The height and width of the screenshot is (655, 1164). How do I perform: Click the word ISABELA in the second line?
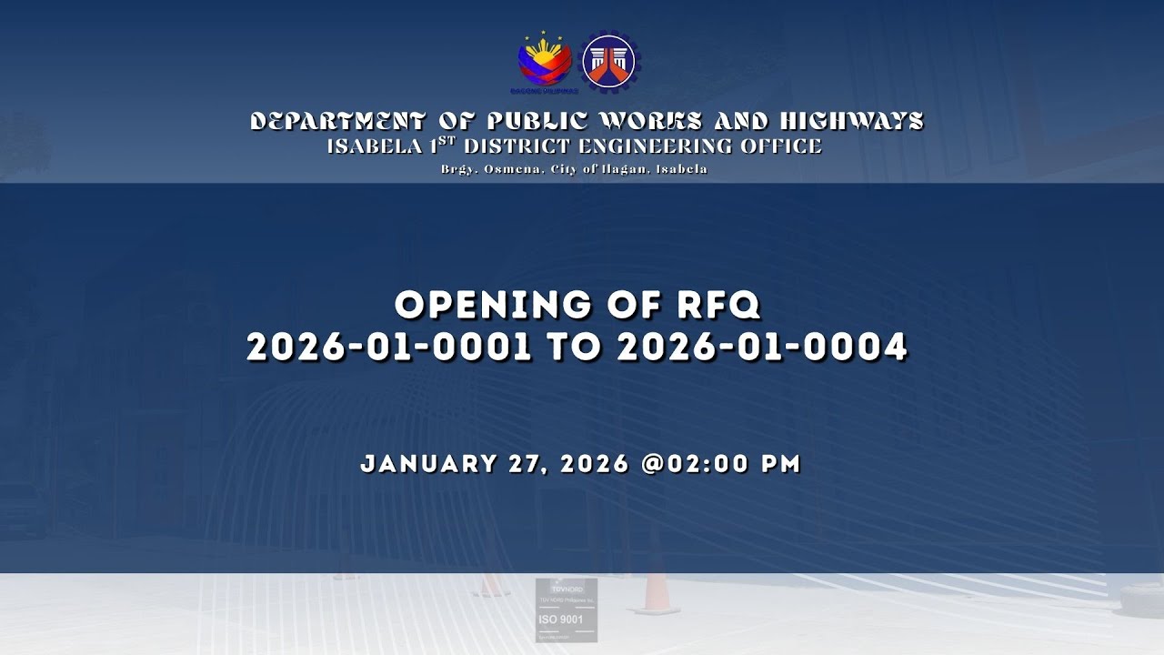point(369,146)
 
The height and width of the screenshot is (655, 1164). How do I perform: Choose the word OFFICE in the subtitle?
point(785,146)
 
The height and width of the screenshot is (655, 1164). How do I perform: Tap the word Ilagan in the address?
point(622,169)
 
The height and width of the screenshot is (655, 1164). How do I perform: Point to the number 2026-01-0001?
point(388,348)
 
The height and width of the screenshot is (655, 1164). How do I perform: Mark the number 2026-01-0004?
point(762,348)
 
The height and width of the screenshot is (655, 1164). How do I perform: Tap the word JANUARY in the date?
point(428,464)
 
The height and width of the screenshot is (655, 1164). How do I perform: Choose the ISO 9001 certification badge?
point(566,610)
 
